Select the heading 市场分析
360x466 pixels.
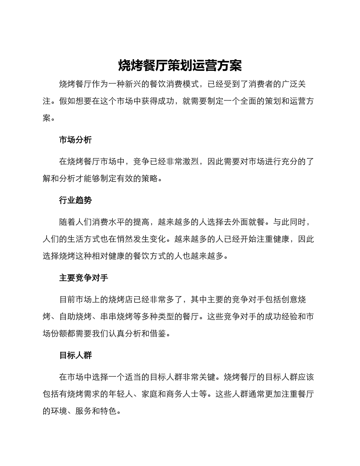(x=75, y=140)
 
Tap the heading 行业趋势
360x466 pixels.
(x=75, y=200)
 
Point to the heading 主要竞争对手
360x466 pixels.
(x=84, y=278)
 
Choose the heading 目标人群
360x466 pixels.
(x=75, y=355)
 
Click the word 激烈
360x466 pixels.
(x=191, y=161)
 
